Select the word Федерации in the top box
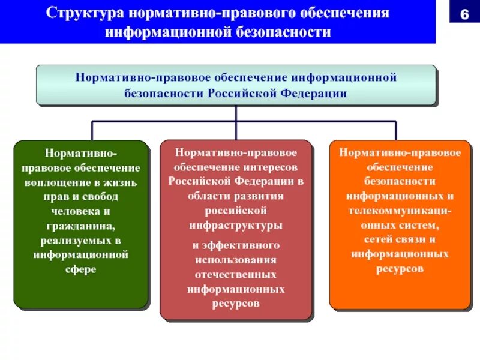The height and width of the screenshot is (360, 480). coord(316,93)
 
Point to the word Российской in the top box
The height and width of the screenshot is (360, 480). coord(240,93)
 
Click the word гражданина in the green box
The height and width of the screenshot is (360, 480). coord(81,225)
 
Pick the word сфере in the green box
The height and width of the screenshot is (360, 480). coord(81,269)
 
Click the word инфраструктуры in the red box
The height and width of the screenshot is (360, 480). coord(236,226)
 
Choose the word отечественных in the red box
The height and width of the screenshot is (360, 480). coord(236,274)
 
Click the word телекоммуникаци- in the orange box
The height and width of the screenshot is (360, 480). coord(400,211)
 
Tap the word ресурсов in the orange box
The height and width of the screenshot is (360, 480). coord(400,269)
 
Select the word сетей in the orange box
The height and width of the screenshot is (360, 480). coord(379,240)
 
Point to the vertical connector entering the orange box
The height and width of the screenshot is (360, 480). coord(396,131)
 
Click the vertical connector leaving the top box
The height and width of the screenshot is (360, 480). coord(236,114)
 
